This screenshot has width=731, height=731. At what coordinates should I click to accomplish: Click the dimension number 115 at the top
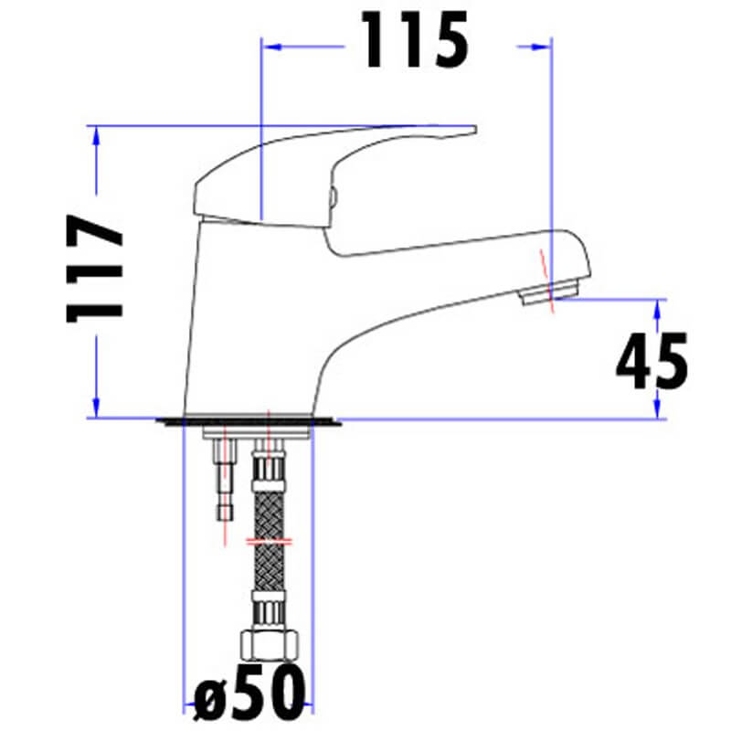(417, 41)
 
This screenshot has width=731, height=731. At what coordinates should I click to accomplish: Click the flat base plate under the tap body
(249, 421)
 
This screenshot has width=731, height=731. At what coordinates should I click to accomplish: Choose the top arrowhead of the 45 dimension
(657, 306)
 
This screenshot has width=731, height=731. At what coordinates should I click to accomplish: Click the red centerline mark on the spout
(546, 274)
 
